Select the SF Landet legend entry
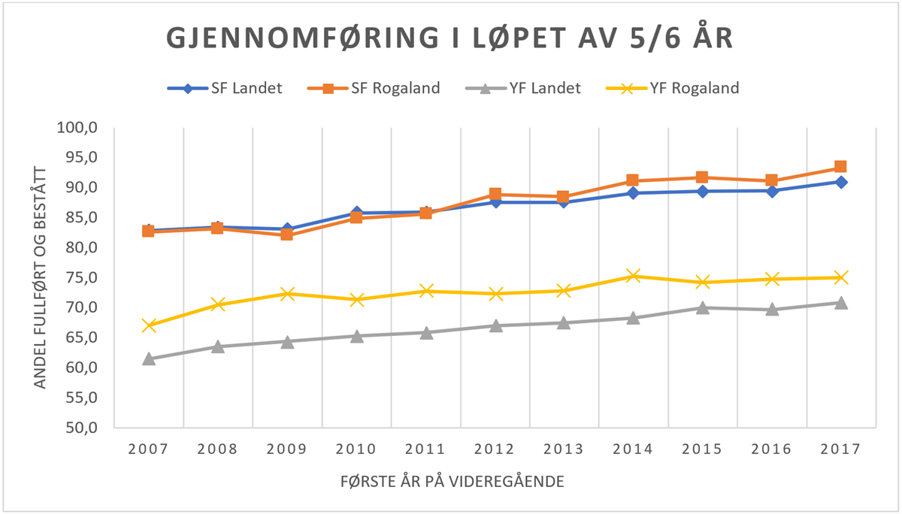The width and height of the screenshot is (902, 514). click(225, 88)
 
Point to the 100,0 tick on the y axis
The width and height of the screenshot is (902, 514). click(77, 127)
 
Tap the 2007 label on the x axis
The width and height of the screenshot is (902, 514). click(148, 449)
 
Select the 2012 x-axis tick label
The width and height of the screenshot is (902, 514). click(495, 449)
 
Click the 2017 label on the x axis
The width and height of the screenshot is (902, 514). click(841, 449)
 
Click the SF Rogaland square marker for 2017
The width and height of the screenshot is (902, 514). click(841, 167)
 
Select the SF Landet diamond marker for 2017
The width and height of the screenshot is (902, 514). click(841, 182)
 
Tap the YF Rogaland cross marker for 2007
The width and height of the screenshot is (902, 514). click(148, 325)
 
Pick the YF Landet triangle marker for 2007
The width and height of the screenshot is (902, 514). click(148, 358)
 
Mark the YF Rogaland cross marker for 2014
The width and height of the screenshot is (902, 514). click(633, 276)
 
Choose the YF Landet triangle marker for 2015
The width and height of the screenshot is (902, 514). click(702, 307)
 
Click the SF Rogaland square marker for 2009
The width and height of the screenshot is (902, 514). click(286, 234)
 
